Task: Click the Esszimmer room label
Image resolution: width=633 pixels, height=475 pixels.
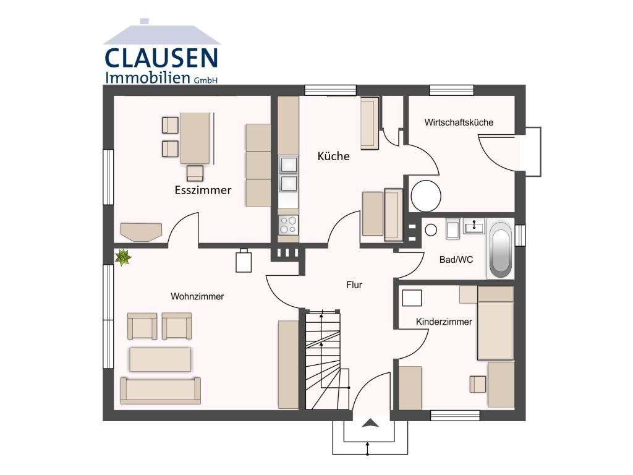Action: coord(203,190)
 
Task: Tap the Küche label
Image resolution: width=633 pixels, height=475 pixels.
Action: coord(333,156)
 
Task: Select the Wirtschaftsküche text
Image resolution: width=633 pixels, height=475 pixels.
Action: coord(459,122)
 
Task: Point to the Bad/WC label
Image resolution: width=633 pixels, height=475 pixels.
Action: coord(456,260)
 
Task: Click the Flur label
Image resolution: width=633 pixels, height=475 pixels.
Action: coord(354,285)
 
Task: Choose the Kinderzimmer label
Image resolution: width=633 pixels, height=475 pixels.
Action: coord(444,322)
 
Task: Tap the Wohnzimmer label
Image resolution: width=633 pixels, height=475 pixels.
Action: coord(197,296)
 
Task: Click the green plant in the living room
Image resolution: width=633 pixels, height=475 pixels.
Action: coord(124,257)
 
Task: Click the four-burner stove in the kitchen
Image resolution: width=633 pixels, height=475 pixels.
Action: coord(288,225)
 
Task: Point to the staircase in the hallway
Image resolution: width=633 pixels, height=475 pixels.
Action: coord(323,359)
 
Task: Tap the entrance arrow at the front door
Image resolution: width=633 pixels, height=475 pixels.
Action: coord(370,423)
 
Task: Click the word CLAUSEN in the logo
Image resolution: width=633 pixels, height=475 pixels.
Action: coord(161,58)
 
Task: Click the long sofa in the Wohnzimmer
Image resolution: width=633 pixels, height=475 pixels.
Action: coord(161,390)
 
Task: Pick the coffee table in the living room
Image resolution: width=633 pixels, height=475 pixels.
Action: coord(160,359)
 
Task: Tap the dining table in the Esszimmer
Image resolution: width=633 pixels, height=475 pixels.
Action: coord(195,137)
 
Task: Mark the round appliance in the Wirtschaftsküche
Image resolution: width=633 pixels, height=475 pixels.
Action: coord(426,195)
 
